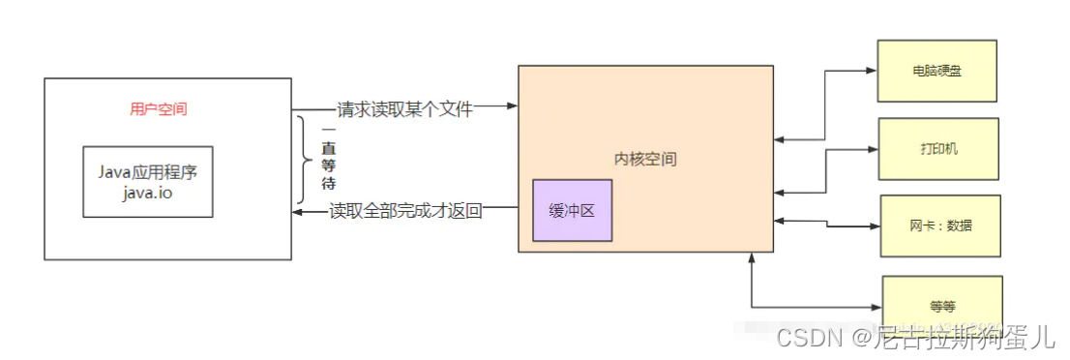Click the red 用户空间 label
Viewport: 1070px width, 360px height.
159,109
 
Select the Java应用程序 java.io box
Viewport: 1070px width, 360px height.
147,181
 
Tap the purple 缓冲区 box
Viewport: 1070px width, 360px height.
571,210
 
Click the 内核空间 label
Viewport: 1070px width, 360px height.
645,159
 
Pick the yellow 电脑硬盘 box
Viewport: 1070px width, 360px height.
936,71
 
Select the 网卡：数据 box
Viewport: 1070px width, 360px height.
940,225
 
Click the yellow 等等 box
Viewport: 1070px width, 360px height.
942,306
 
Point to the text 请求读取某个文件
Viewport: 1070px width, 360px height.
404,109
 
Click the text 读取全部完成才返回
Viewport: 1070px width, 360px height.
404,210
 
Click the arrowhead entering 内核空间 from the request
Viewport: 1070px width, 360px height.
512,105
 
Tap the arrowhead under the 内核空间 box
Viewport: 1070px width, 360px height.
752,258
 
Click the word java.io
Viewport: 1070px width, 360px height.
146,192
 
